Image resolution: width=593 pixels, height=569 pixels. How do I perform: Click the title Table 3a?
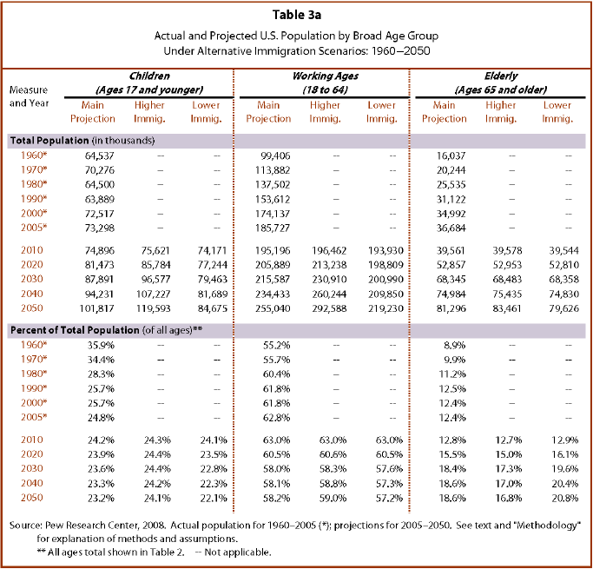click(297, 15)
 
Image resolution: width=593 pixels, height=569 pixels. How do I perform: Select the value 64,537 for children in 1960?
click(100, 155)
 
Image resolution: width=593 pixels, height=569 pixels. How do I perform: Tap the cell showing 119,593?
click(153, 308)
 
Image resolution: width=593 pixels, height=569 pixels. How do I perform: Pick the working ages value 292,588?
click(329, 308)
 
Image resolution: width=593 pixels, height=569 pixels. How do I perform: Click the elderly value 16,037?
click(451, 155)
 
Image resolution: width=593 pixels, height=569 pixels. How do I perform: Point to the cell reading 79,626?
click(563, 308)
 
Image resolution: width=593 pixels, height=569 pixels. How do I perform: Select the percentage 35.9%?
click(101, 346)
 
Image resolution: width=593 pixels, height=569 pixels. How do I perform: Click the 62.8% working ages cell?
click(276, 418)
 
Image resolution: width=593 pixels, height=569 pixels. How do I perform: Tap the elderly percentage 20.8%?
click(565, 499)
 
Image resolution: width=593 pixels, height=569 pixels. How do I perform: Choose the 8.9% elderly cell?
click(455, 346)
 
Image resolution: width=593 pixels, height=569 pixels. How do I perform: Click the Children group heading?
click(149, 83)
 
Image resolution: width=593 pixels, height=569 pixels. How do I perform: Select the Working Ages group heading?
click(326, 83)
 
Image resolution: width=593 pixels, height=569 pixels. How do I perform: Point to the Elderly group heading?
click(501, 83)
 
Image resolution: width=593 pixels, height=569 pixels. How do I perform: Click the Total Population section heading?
click(82, 141)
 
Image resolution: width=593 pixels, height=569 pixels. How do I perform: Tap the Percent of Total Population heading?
click(106, 330)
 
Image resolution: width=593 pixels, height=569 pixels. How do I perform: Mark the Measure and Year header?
click(30, 96)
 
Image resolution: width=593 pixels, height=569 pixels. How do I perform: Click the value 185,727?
click(273, 228)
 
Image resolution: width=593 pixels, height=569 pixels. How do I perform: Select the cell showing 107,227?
click(153, 294)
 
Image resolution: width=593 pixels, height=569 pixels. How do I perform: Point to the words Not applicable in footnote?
click(238, 552)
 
